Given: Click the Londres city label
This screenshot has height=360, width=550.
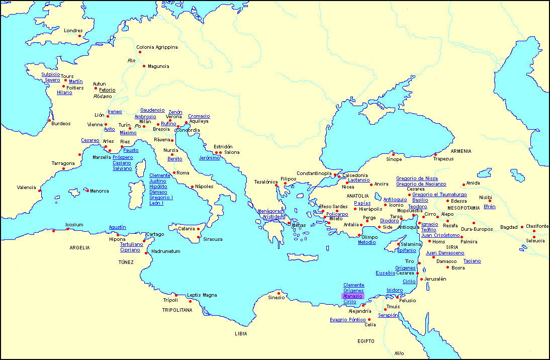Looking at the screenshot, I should [x=73, y=31].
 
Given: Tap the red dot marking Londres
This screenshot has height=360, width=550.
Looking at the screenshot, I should [x=79, y=36].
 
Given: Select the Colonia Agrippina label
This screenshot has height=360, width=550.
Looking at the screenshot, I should [x=157, y=47].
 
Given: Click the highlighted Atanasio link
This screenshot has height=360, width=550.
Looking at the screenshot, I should [x=352, y=296].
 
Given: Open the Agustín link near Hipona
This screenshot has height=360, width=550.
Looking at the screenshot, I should [x=117, y=227].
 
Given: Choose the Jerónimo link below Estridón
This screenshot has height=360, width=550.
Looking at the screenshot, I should [x=209, y=158].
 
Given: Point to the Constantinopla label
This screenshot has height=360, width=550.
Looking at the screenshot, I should [x=314, y=173].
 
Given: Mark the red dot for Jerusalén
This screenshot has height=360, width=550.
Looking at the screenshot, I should [x=421, y=279].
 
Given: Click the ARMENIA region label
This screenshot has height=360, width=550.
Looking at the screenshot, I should [x=461, y=151].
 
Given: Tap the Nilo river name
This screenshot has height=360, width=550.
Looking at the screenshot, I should [x=399, y=353].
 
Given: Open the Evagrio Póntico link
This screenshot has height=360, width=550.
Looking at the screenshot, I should [x=347, y=320].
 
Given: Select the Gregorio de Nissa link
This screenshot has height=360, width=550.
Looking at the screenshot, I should [x=417, y=178].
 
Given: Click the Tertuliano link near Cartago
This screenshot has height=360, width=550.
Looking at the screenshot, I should [x=131, y=244].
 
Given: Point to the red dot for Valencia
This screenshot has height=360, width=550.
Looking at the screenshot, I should [x=40, y=190].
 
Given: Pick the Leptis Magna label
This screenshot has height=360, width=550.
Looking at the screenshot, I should [x=202, y=295].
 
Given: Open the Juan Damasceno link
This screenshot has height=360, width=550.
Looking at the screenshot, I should [x=445, y=253].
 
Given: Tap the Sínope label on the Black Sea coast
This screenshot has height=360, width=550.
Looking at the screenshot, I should [x=394, y=159].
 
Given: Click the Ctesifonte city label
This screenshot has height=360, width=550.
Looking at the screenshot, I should [x=537, y=226].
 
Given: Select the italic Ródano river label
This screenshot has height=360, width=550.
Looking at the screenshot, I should [x=103, y=96].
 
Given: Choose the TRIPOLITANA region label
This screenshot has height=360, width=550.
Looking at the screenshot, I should [x=177, y=310].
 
